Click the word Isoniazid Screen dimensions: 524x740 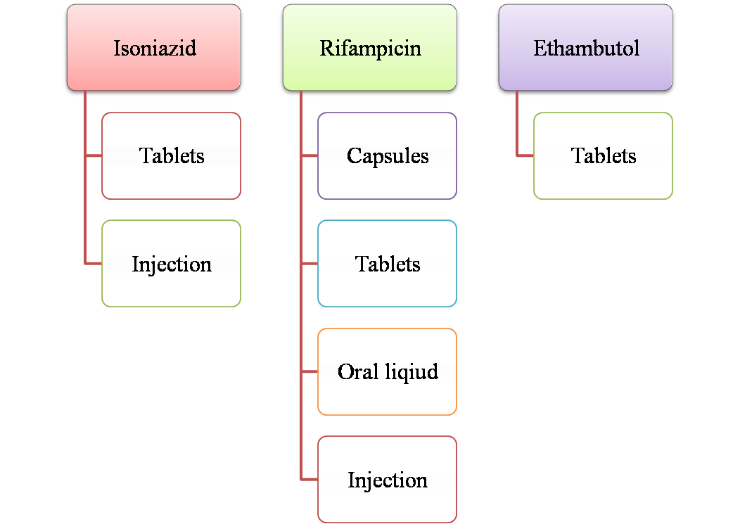click(x=155, y=49)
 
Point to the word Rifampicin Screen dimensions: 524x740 click(x=371, y=49)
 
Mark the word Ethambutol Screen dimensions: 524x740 click(x=587, y=49)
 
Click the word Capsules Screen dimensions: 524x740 click(x=388, y=156)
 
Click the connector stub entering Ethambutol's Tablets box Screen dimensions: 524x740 click(x=525, y=155)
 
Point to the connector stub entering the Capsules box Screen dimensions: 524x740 click(x=310, y=155)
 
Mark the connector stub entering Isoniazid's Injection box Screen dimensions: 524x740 click(x=94, y=264)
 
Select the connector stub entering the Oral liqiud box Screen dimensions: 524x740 click(x=310, y=371)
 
